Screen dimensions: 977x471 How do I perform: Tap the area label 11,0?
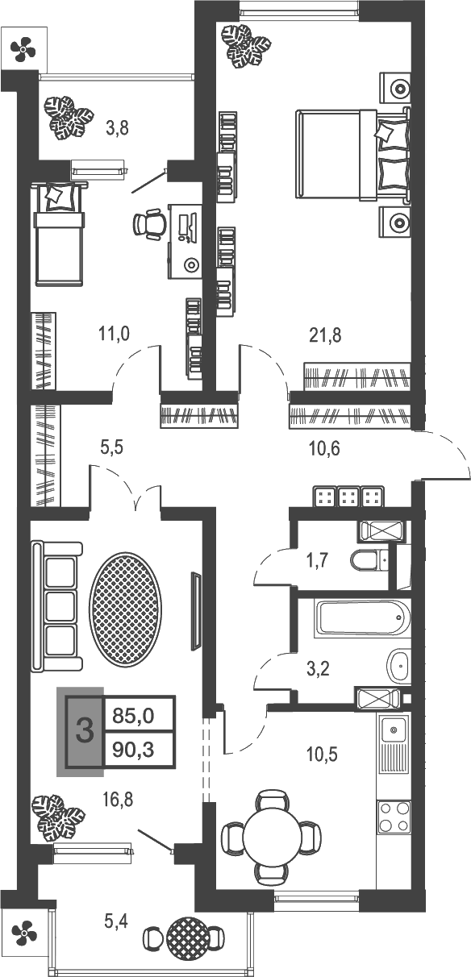pos(115,333)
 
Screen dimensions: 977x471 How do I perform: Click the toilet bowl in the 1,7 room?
pos(367,559)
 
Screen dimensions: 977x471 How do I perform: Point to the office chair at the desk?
pos(148,225)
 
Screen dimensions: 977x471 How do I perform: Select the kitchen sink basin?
pos(394,730)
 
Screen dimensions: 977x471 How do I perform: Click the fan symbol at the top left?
pos(23,50)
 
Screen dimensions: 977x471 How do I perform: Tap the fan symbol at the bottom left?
pos(23,934)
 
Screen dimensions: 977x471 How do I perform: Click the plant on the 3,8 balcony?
pos(69,118)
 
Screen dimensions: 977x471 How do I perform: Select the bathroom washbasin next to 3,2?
pos(398,665)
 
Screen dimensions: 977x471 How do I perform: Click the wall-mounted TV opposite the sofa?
pos(194,611)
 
